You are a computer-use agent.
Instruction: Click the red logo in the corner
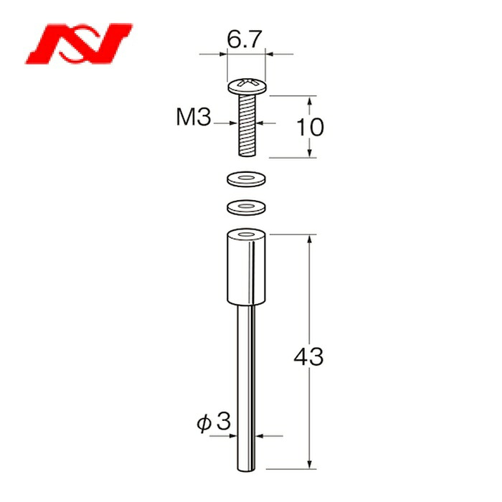point(79,44)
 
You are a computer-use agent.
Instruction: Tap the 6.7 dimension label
point(245,39)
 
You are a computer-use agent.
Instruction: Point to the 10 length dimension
point(311,127)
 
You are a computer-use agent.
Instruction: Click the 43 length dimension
point(308,356)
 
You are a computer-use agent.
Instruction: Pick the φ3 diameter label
point(214,422)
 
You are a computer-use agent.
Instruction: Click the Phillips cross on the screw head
point(247,83)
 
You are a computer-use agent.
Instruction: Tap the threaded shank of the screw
point(247,126)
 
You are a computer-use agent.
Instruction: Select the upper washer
point(246,179)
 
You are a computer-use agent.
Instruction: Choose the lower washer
point(246,207)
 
